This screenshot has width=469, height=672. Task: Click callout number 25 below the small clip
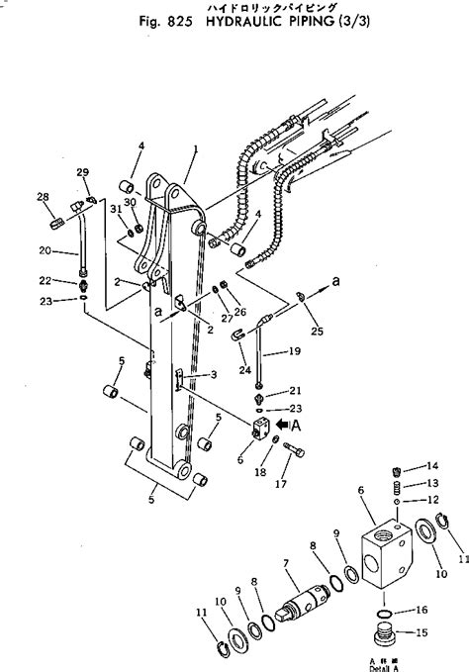point(317,330)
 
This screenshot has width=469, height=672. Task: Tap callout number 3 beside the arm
point(214,376)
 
